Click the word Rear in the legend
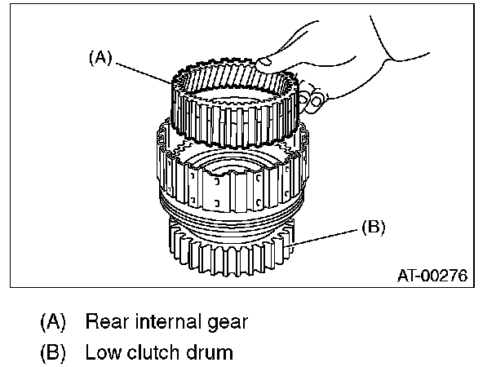pos(106,321)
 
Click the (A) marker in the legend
pos(54,321)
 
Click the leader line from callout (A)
pos(147,71)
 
